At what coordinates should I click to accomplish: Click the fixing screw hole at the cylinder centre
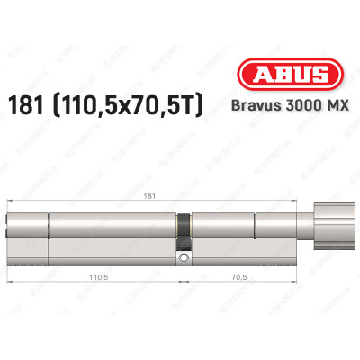pos(184,259)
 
